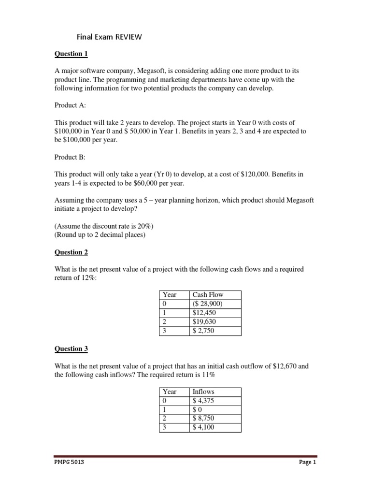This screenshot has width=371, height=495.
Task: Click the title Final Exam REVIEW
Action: pos(109,37)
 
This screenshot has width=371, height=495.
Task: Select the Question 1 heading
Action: pos(71,54)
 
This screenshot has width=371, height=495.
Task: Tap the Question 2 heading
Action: pos(71,252)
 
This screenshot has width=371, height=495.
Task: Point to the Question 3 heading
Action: pos(71,349)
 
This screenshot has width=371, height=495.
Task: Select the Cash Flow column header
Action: pos(208,294)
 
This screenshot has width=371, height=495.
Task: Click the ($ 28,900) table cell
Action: pos(208,304)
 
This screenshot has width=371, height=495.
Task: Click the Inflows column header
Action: pos(203,392)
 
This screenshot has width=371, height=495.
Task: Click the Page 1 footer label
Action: pos(307,463)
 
